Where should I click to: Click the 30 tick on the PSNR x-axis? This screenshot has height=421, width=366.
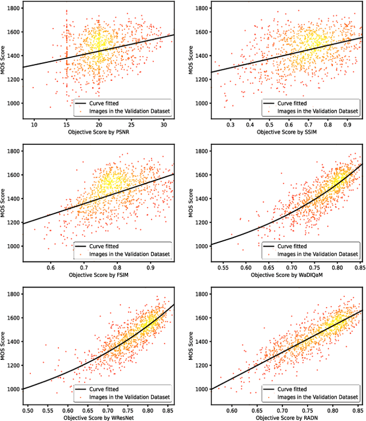tap(164, 124)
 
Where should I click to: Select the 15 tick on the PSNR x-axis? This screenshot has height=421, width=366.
tap(66, 124)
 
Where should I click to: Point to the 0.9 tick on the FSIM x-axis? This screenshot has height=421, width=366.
tap(150, 267)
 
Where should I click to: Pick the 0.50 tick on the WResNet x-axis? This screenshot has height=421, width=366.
tap(28, 410)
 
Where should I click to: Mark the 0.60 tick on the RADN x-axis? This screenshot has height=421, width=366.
tap(232, 410)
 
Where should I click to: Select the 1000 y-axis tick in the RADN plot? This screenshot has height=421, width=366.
tap(200, 389)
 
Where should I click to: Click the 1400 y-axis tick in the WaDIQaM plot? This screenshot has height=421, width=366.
tap(200, 198)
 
